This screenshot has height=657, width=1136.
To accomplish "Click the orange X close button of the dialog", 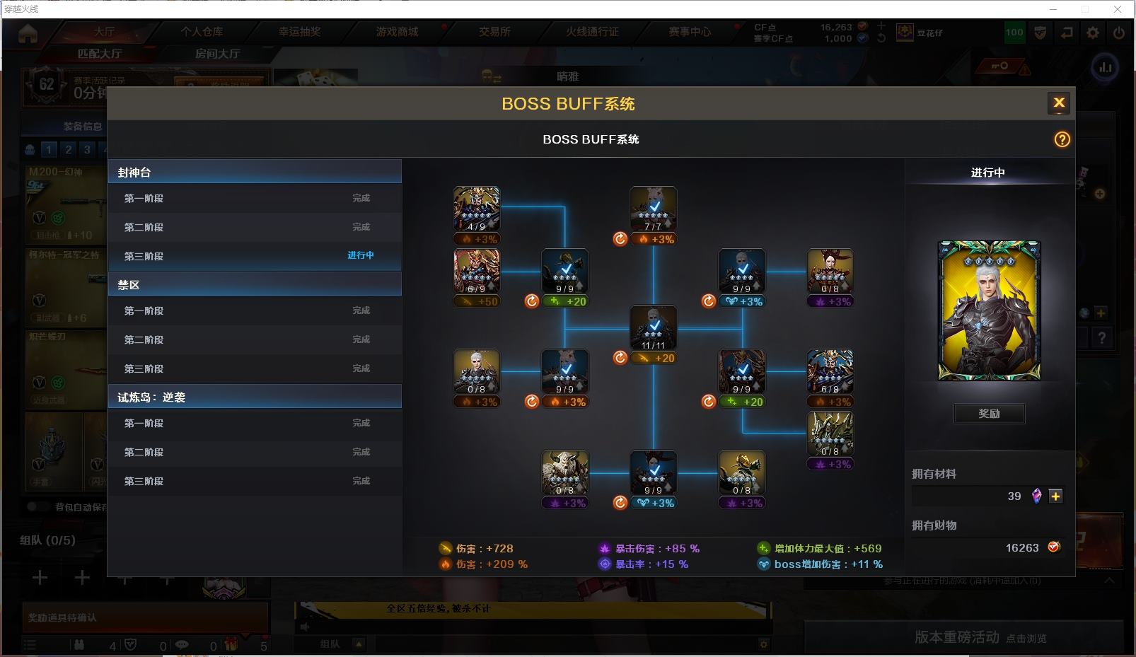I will click(1059, 103).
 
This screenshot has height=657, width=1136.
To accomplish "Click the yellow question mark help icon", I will click(1062, 139).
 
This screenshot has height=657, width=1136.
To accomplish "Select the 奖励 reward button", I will click(989, 414).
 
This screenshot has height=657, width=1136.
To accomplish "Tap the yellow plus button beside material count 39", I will click(1055, 496).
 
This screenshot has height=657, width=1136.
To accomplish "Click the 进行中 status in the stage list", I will click(361, 255).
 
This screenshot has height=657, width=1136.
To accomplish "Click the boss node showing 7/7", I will click(653, 209).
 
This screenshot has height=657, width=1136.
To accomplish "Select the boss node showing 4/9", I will click(476, 209).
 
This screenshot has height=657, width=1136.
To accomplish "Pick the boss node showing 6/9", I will click(476, 271).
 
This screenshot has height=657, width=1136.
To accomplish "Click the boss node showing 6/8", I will click(830, 371).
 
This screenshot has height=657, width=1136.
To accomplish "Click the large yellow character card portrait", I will click(989, 310).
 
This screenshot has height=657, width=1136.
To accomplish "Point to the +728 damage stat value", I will click(499, 548).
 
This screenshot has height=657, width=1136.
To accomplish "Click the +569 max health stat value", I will click(868, 548).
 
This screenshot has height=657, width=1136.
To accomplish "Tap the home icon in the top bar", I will click(28, 33).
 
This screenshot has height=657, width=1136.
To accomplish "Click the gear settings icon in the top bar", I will click(1093, 33).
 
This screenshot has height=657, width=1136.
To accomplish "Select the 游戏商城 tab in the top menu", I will click(397, 32).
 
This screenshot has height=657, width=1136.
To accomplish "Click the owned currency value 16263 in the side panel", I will click(1022, 547).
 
